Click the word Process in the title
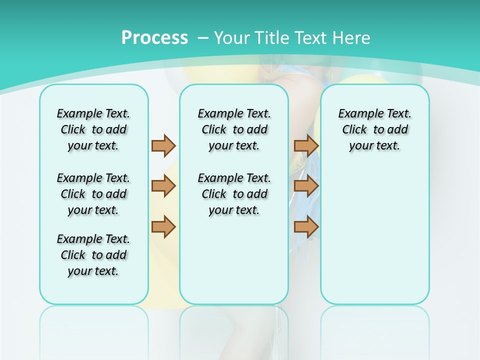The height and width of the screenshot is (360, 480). click(x=154, y=38)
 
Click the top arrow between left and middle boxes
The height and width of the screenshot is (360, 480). click(x=163, y=145)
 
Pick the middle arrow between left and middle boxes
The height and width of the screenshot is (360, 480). click(x=163, y=186)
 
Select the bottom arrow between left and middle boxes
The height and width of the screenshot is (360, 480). click(x=163, y=227)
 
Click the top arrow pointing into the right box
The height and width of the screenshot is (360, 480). click(x=306, y=145)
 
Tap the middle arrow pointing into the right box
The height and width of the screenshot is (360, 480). click(x=306, y=186)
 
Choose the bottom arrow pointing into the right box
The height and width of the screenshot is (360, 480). click(x=306, y=227)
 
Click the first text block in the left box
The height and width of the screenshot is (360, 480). click(x=93, y=129)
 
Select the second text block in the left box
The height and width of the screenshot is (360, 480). click(x=93, y=194)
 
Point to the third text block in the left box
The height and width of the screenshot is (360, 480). click(x=93, y=255)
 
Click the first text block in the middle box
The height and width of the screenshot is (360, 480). click(x=234, y=129)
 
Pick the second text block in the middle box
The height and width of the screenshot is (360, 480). click(x=234, y=194)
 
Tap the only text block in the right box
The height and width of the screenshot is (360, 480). click(x=374, y=129)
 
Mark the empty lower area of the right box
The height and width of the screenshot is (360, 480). click(x=374, y=230)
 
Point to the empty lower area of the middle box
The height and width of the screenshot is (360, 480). click(x=234, y=260)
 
